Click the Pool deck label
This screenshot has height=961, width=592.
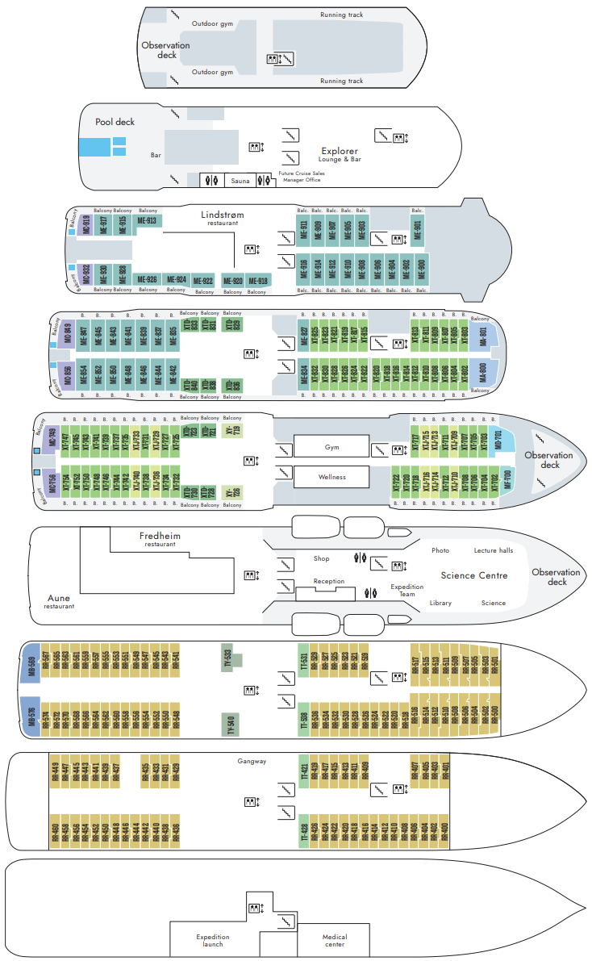tap(115, 122)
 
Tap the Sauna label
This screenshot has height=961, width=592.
tap(240, 181)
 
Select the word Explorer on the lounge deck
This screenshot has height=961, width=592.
tap(339, 151)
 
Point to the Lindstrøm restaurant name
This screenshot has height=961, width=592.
tap(222, 215)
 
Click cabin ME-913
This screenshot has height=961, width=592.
tap(147, 220)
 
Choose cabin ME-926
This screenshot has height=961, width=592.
tap(148, 280)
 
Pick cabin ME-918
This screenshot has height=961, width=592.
tap(258, 281)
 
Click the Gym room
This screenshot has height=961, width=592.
tap(331, 446)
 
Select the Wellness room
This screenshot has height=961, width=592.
tap(331, 477)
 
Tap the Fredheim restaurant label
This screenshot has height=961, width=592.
tap(160, 536)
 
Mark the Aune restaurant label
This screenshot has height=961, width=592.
tap(59, 599)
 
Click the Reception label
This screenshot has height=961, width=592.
tap(328, 581)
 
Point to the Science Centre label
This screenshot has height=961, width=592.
tap(473, 575)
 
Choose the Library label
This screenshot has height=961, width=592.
tap(440, 603)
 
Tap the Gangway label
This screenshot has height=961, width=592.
tap(252, 761)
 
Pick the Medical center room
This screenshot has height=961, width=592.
tap(335, 941)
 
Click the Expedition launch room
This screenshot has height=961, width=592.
tap(213, 941)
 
